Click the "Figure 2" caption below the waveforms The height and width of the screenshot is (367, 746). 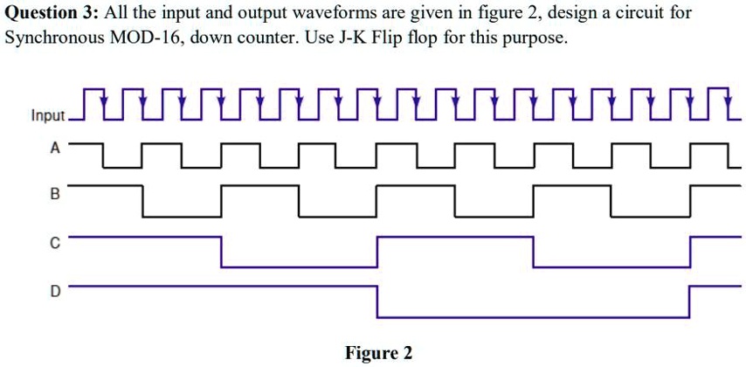(378, 353)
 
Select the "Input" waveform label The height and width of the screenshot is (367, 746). (48, 115)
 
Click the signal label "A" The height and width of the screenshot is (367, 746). (55, 149)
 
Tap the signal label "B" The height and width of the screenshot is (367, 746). (55, 196)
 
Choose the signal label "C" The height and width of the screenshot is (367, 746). (55, 245)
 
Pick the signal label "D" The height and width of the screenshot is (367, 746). (55, 293)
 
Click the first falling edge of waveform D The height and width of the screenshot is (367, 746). (377, 301)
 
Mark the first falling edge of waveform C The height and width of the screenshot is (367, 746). (222, 252)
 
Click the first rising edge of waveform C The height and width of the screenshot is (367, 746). (377, 252)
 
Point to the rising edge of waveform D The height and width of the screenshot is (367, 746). (689, 301)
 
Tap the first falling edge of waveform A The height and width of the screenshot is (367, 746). (104, 153)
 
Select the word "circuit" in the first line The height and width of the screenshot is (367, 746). (641, 15)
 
